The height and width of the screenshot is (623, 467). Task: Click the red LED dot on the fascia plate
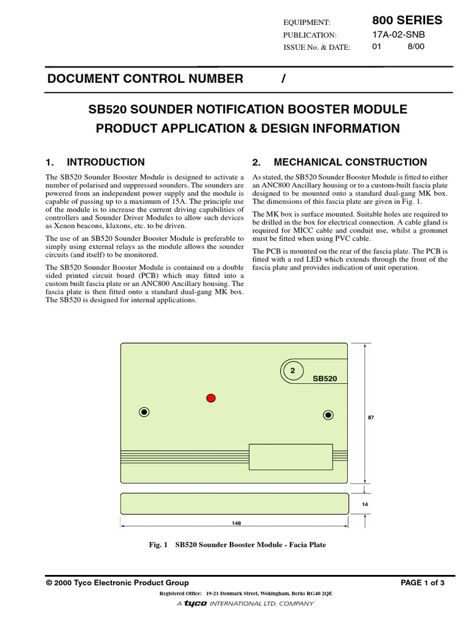[x=211, y=398]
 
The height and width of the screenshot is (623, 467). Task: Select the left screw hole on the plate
[x=144, y=412]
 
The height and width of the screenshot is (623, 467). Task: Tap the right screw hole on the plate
[x=328, y=415]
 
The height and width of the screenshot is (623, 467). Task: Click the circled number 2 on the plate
[x=292, y=371]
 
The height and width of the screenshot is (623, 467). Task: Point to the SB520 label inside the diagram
[x=325, y=378]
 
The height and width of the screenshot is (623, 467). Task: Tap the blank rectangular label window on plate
[x=291, y=457]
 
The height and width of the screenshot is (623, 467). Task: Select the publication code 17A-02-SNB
[x=399, y=35]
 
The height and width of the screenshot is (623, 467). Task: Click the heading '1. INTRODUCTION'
[x=95, y=162]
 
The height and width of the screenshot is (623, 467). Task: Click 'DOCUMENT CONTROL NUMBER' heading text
[x=145, y=78]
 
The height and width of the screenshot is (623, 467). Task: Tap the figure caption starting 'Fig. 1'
[x=238, y=545]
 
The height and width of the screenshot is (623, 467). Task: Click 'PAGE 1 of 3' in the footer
[x=423, y=583]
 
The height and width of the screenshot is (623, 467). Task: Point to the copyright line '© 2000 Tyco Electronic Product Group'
[x=117, y=583]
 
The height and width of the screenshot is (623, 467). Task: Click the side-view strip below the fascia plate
[x=234, y=503]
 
